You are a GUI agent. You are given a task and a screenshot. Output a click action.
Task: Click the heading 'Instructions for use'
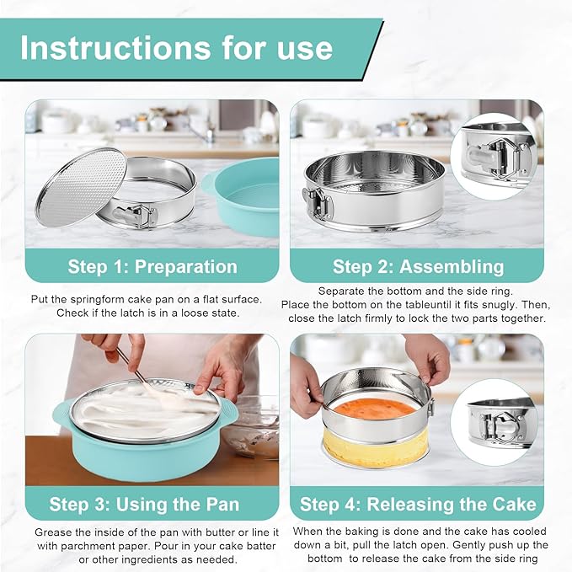[176, 48]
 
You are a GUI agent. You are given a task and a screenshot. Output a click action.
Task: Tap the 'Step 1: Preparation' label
[152, 267]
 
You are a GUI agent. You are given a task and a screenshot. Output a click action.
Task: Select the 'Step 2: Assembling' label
[418, 267]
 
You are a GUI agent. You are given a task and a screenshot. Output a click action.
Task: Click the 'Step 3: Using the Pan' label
[144, 505]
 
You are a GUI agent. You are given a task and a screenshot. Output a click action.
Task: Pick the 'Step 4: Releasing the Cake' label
[418, 505]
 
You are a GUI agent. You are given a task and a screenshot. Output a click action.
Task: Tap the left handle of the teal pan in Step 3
[61, 413]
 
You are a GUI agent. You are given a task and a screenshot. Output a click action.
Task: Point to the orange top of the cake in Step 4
[373, 408]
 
